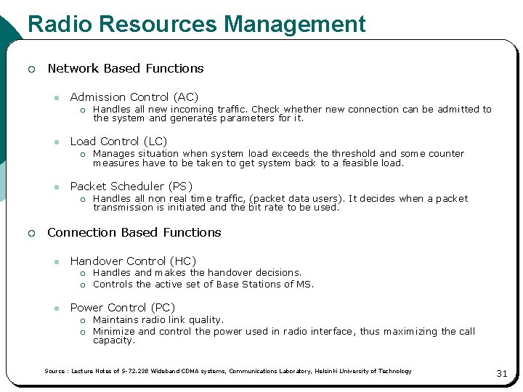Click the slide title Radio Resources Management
196,24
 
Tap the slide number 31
501,373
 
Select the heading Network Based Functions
126,68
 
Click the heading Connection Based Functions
134,232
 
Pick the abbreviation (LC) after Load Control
155,142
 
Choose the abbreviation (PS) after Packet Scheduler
180,187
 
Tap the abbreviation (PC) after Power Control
163,308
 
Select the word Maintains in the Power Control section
117,319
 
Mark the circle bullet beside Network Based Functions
31,69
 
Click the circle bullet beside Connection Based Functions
31,233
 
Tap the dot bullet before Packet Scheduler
55,187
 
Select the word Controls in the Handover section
113,284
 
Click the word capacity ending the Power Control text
114,340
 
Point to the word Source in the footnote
54,371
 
